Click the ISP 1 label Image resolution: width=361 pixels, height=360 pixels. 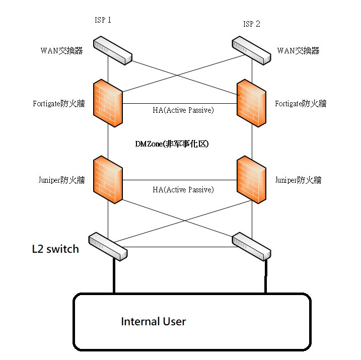click(x=103, y=20)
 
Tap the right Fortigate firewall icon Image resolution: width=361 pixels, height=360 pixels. click(x=252, y=104)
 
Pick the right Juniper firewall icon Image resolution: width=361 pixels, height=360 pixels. click(x=252, y=180)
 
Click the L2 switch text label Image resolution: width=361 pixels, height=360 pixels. click(x=55, y=248)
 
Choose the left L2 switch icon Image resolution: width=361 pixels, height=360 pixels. click(x=109, y=246)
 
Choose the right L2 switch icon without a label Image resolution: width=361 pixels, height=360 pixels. click(x=252, y=247)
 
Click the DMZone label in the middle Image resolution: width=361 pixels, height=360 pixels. click(x=172, y=143)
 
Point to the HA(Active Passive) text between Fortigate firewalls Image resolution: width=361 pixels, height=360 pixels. click(x=183, y=110)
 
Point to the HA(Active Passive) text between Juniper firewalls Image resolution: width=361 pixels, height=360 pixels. click(x=183, y=189)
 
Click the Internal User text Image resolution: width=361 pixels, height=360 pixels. click(x=153, y=321)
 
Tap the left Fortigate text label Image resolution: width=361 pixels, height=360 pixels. click(x=58, y=104)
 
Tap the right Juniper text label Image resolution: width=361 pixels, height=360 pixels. click(x=298, y=180)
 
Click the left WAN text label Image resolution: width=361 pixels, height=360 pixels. click(x=61, y=50)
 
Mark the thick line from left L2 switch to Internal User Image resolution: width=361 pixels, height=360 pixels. click(x=114, y=277)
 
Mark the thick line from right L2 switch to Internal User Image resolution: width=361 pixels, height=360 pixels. click(x=264, y=277)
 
